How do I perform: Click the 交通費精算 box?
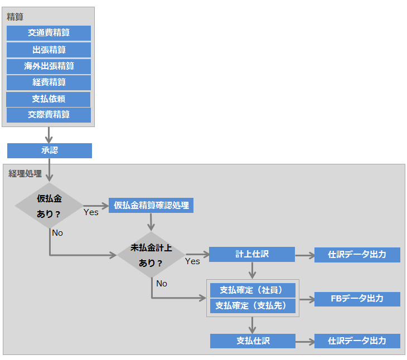pyautogui.click(x=49, y=33)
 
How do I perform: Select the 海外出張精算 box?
pyautogui.click(x=49, y=66)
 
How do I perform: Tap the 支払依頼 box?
pyautogui.click(x=49, y=99)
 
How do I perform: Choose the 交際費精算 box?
pyautogui.click(x=49, y=115)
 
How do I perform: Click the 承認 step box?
pyautogui.click(x=49, y=150)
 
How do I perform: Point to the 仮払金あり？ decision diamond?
pyautogui.click(x=49, y=206)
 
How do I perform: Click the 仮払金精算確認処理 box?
pyautogui.click(x=151, y=205)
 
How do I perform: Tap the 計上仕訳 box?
pyautogui.click(x=252, y=255)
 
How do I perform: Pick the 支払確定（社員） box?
pyautogui.click(x=252, y=290)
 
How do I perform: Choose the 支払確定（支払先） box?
pyautogui.click(x=252, y=305)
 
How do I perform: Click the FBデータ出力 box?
pyautogui.click(x=357, y=299)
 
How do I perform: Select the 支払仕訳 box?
pyautogui.click(x=253, y=340)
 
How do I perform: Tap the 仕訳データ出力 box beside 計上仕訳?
pyautogui.click(x=357, y=255)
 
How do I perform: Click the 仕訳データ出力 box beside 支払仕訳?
pyautogui.click(x=357, y=340)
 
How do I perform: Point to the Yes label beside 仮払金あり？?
pyautogui.click(x=91, y=212)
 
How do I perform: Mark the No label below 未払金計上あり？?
pyautogui.click(x=162, y=284)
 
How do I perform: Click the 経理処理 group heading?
pyautogui.click(x=25, y=174)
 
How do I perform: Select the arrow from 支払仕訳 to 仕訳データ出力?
pyautogui.click(x=304, y=340)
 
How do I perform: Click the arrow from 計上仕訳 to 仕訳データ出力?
pyautogui.click(x=304, y=255)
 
